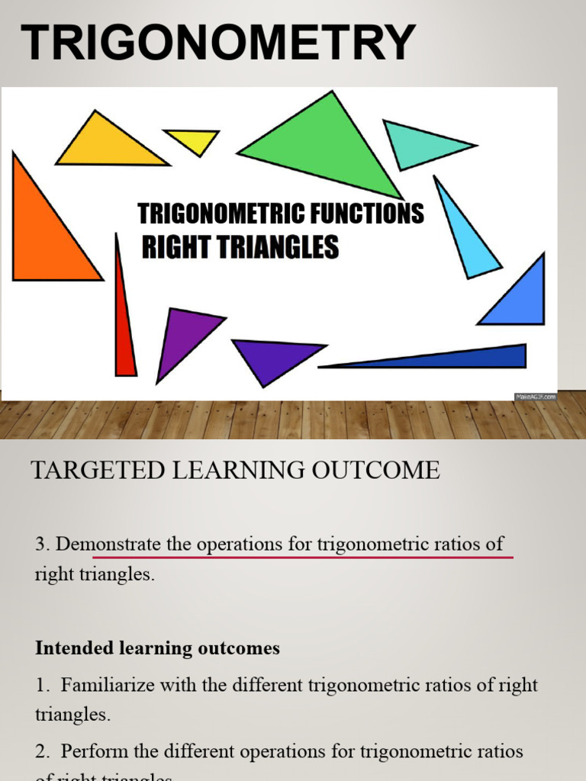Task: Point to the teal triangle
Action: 420,143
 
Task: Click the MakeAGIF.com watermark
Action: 536,397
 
